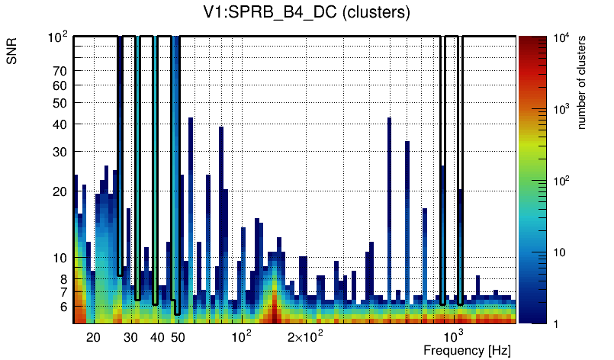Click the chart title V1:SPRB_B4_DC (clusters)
[304, 13]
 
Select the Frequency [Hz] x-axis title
[466, 350]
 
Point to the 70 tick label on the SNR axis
[60, 71]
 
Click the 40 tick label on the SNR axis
[60, 124]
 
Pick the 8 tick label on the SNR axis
[64, 279]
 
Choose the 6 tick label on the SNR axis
[64, 307]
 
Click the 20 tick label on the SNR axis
[60, 191]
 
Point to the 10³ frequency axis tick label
[454, 336]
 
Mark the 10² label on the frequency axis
[242, 336]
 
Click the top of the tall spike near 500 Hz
[389, 120]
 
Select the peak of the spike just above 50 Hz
[191, 120]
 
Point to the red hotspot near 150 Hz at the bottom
[274, 314]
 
